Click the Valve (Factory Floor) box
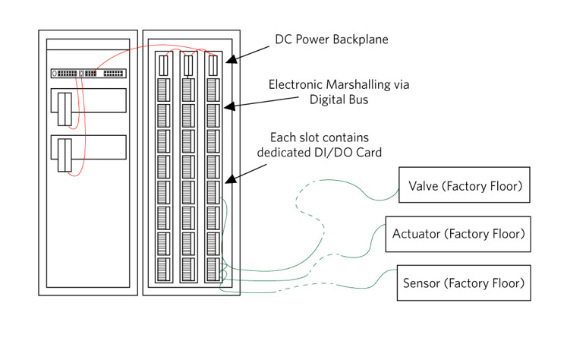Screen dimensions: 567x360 coord(465,185)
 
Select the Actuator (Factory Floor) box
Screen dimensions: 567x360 coord(458,234)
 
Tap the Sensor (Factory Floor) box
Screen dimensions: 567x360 coord(464,283)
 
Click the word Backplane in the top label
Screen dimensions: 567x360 coord(360,39)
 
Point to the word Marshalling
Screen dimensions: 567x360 coord(358,84)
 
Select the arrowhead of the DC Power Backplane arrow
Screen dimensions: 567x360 coord(232,59)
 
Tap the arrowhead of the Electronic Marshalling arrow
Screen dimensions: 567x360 coord(230,106)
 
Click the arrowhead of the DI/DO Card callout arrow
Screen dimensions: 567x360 coord(231,178)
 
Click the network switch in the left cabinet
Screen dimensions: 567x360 coord(89,74)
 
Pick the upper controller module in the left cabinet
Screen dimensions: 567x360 coord(65,109)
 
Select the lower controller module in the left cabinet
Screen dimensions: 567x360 coord(65,155)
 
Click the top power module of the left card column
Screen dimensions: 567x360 coord(164,65)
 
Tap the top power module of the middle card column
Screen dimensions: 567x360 coord(188,65)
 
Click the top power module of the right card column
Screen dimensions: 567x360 coord(213,65)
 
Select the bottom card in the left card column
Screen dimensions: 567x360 coord(164,270)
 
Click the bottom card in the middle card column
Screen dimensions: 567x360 coord(188,270)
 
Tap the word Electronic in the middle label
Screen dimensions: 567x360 coord(295,84)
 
